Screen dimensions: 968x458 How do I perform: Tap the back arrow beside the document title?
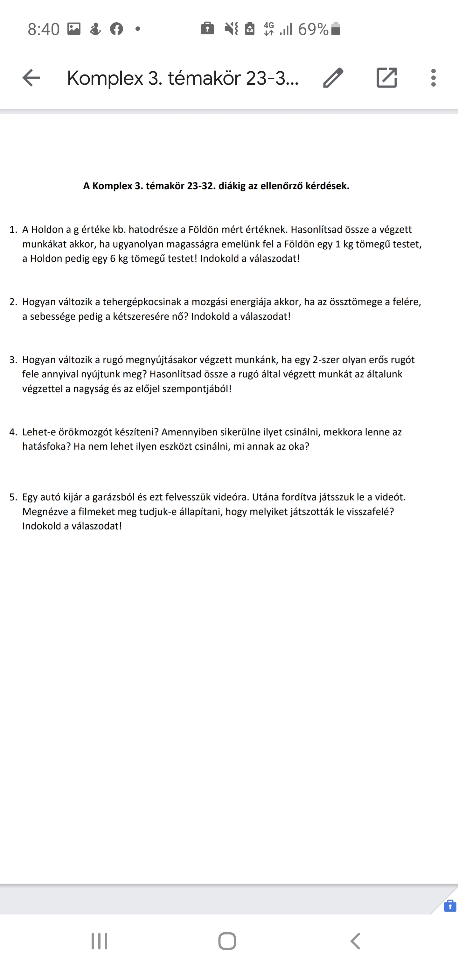tap(31, 78)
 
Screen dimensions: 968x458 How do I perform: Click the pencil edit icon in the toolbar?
tap(333, 78)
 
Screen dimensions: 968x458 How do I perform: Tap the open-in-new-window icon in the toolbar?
tap(387, 78)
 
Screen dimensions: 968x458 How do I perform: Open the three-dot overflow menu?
tap(434, 78)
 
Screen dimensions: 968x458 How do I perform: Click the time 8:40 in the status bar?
tap(44, 29)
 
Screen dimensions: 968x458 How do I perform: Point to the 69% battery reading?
tap(314, 29)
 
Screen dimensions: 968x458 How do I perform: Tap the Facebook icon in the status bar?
tap(116, 29)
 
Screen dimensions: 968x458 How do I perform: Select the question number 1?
tap(13, 230)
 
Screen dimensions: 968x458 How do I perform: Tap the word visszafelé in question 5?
tap(368, 512)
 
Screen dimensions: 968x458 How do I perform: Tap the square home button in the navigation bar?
tap(227, 941)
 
